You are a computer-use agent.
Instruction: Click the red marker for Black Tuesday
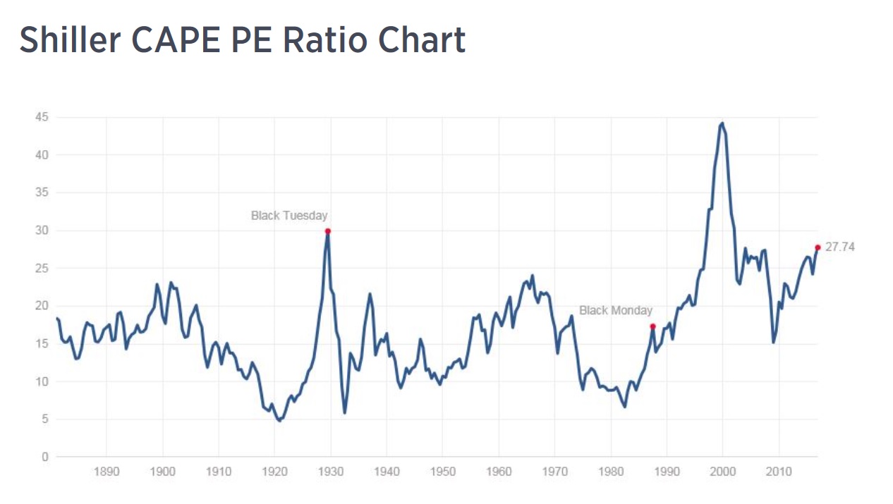pyautogui.click(x=328, y=231)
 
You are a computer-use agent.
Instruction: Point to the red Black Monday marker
pyautogui.click(x=652, y=326)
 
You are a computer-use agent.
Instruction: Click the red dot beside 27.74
pyautogui.click(x=818, y=247)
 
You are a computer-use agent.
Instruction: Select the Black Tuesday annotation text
pyautogui.click(x=289, y=216)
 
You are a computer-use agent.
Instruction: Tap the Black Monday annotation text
pyautogui.click(x=616, y=310)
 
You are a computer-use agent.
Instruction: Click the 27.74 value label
pyautogui.click(x=840, y=247)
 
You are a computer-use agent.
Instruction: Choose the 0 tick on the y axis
pyautogui.click(x=44, y=457)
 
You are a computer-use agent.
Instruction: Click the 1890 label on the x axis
pyautogui.click(x=106, y=470)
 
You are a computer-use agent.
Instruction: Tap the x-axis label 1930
pyautogui.click(x=330, y=470)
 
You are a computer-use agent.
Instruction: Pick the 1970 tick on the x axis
pyautogui.click(x=554, y=470)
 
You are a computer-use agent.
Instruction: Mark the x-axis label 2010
pyautogui.click(x=779, y=470)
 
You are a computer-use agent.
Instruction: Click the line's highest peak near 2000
pyautogui.click(x=722, y=123)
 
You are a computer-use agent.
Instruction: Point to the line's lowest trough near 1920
pyautogui.click(x=280, y=420)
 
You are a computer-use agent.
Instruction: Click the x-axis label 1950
pyautogui.click(x=442, y=470)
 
